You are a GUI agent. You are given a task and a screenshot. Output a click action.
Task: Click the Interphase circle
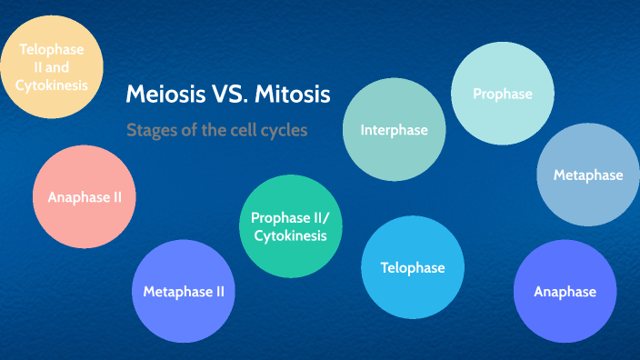click(394, 130)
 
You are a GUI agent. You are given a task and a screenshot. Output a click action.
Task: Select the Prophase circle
click(503, 94)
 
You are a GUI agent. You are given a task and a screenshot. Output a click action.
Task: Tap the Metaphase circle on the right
click(588, 175)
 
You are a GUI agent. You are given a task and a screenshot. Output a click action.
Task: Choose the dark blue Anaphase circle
click(565, 292)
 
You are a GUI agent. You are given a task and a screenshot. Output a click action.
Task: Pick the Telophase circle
click(413, 267)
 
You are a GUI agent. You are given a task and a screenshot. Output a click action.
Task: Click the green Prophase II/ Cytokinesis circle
click(289, 226)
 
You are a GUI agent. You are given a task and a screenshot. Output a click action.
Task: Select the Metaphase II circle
click(184, 292)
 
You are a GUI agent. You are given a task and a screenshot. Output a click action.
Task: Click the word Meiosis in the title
click(163, 94)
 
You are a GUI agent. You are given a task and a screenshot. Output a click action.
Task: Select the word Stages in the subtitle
click(151, 130)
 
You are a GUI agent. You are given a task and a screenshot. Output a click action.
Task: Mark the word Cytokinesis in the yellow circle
click(51, 85)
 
